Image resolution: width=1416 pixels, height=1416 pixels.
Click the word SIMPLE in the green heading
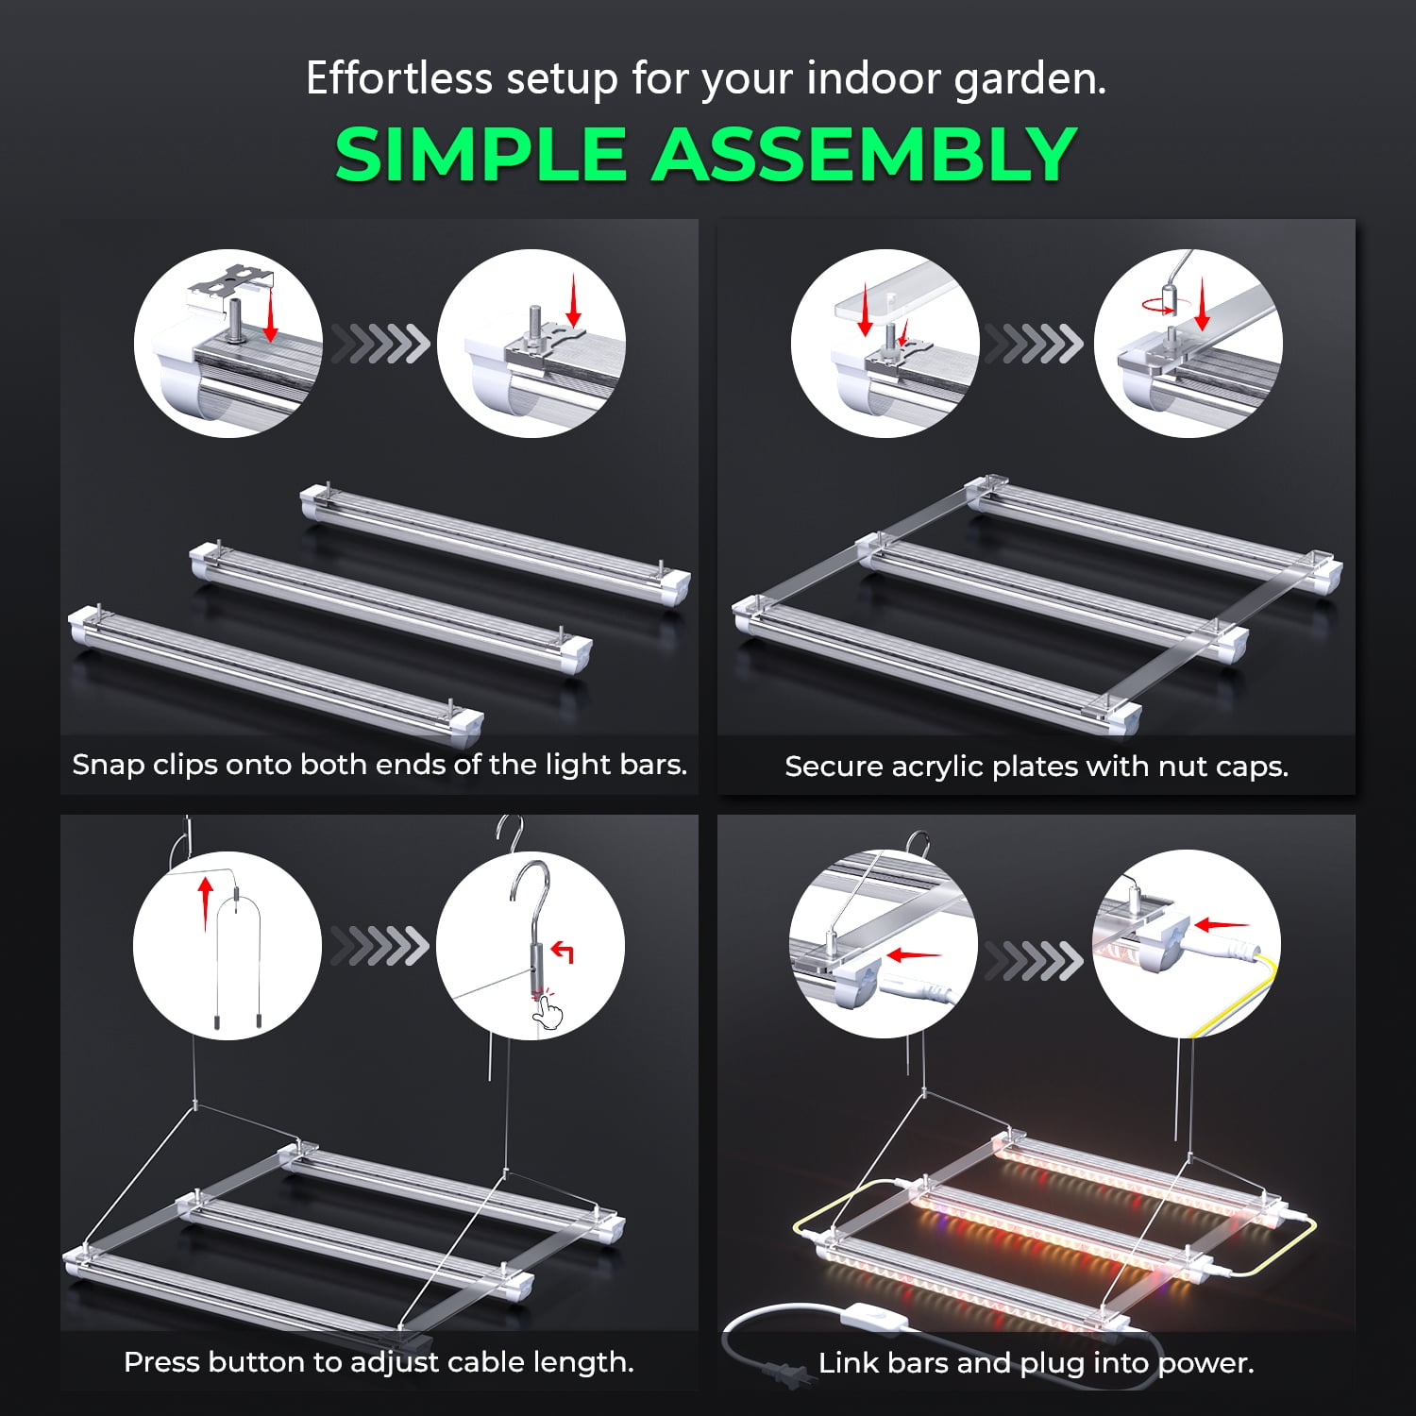[481, 154]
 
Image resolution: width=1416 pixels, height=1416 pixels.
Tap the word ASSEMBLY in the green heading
[865, 154]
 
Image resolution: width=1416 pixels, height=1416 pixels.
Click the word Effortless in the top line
[399, 78]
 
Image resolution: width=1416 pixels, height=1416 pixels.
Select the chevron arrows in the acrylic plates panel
[1036, 344]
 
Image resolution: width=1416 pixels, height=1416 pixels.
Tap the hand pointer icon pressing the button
[547, 1013]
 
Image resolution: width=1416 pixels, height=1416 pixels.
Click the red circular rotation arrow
[1158, 305]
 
